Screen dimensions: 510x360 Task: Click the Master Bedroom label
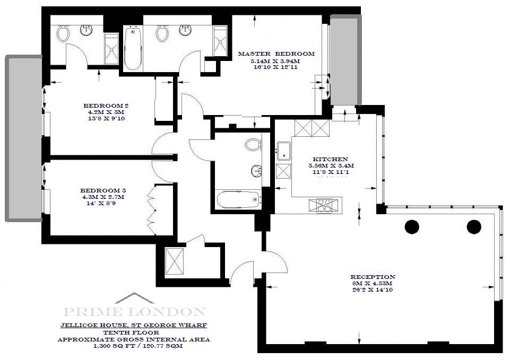coord(276,54)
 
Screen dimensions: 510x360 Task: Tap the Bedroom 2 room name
coord(106,106)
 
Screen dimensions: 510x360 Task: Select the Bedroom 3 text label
coord(103,190)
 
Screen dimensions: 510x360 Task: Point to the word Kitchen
coord(331,159)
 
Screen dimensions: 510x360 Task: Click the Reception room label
coord(373,277)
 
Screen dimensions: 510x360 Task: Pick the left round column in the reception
coord(412,227)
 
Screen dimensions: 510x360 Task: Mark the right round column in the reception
coord(474,227)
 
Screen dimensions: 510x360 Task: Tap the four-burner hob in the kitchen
coord(323,205)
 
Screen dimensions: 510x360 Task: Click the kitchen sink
coord(284,151)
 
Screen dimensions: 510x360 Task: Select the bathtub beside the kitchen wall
coord(239,199)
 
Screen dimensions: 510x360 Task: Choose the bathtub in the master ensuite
coord(133,49)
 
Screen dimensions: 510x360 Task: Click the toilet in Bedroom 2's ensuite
coord(63,33)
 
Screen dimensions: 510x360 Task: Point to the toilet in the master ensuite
coord(162,33)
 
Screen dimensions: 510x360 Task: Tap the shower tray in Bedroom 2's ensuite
coord(112,48)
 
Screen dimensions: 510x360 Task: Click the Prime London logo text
coord(134,312)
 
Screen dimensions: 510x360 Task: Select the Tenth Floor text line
coord(132,332)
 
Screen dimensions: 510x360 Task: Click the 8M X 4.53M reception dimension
coord(373,283)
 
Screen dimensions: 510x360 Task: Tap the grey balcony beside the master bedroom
coord(345,60)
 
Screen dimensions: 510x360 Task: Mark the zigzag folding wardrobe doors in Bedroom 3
coord(152,210)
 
